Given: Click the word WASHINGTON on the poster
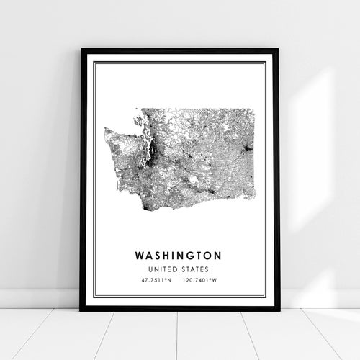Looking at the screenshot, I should (x=176, y=255).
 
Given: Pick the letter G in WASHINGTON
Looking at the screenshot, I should (x=186, y=255).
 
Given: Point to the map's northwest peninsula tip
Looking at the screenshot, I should (x=106, y=130).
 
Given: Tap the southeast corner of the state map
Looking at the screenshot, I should (x=255, y=199).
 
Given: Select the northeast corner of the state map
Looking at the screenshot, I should (x=253, y=109).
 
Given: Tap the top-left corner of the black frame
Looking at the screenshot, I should (x=81, y=50).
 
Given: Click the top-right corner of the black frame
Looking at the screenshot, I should (x=279, y=50).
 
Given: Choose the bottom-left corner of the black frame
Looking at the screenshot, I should (x=81, y=310).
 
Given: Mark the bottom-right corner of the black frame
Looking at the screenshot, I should (x=279, y=310).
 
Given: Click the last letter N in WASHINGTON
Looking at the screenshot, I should (x=217, y=255).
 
